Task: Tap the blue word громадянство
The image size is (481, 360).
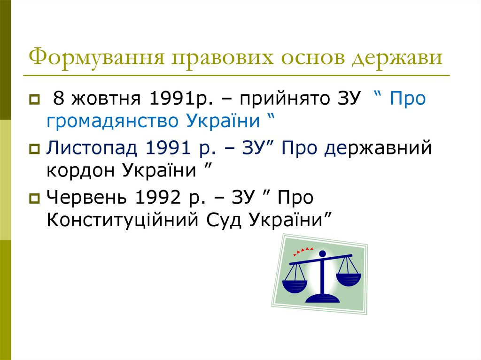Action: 111,122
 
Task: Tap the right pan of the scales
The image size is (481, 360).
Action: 348,279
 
